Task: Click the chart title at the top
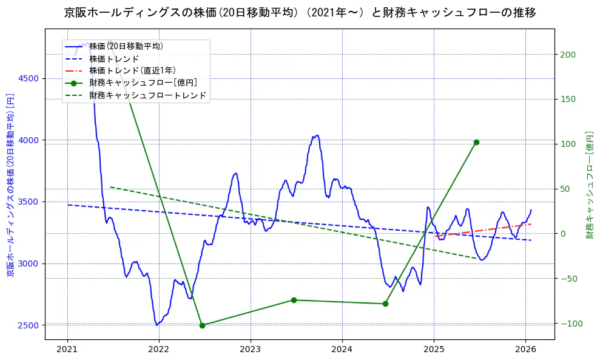coord(300,13)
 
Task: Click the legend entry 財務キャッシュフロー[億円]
coord(143,83)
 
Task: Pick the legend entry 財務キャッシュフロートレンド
coord(147,95)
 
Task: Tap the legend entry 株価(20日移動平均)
coord(126,46)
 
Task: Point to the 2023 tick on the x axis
coord(250,349)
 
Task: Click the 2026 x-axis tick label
coord(525,349)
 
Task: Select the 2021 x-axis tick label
coord(67,349)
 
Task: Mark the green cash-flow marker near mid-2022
coord(202,325)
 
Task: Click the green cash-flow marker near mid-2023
coord(294,300)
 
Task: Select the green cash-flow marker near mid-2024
coord(385,304)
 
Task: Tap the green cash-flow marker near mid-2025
coord(476,142)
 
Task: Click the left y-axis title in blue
coord(10,185)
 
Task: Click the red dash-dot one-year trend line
coord(485,230)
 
